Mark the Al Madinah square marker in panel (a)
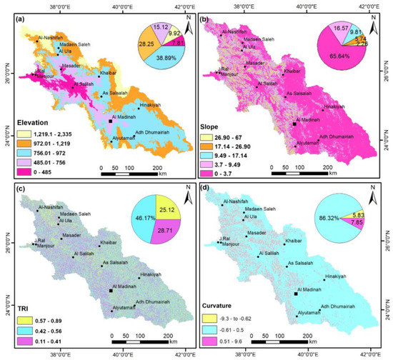[110, 122]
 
